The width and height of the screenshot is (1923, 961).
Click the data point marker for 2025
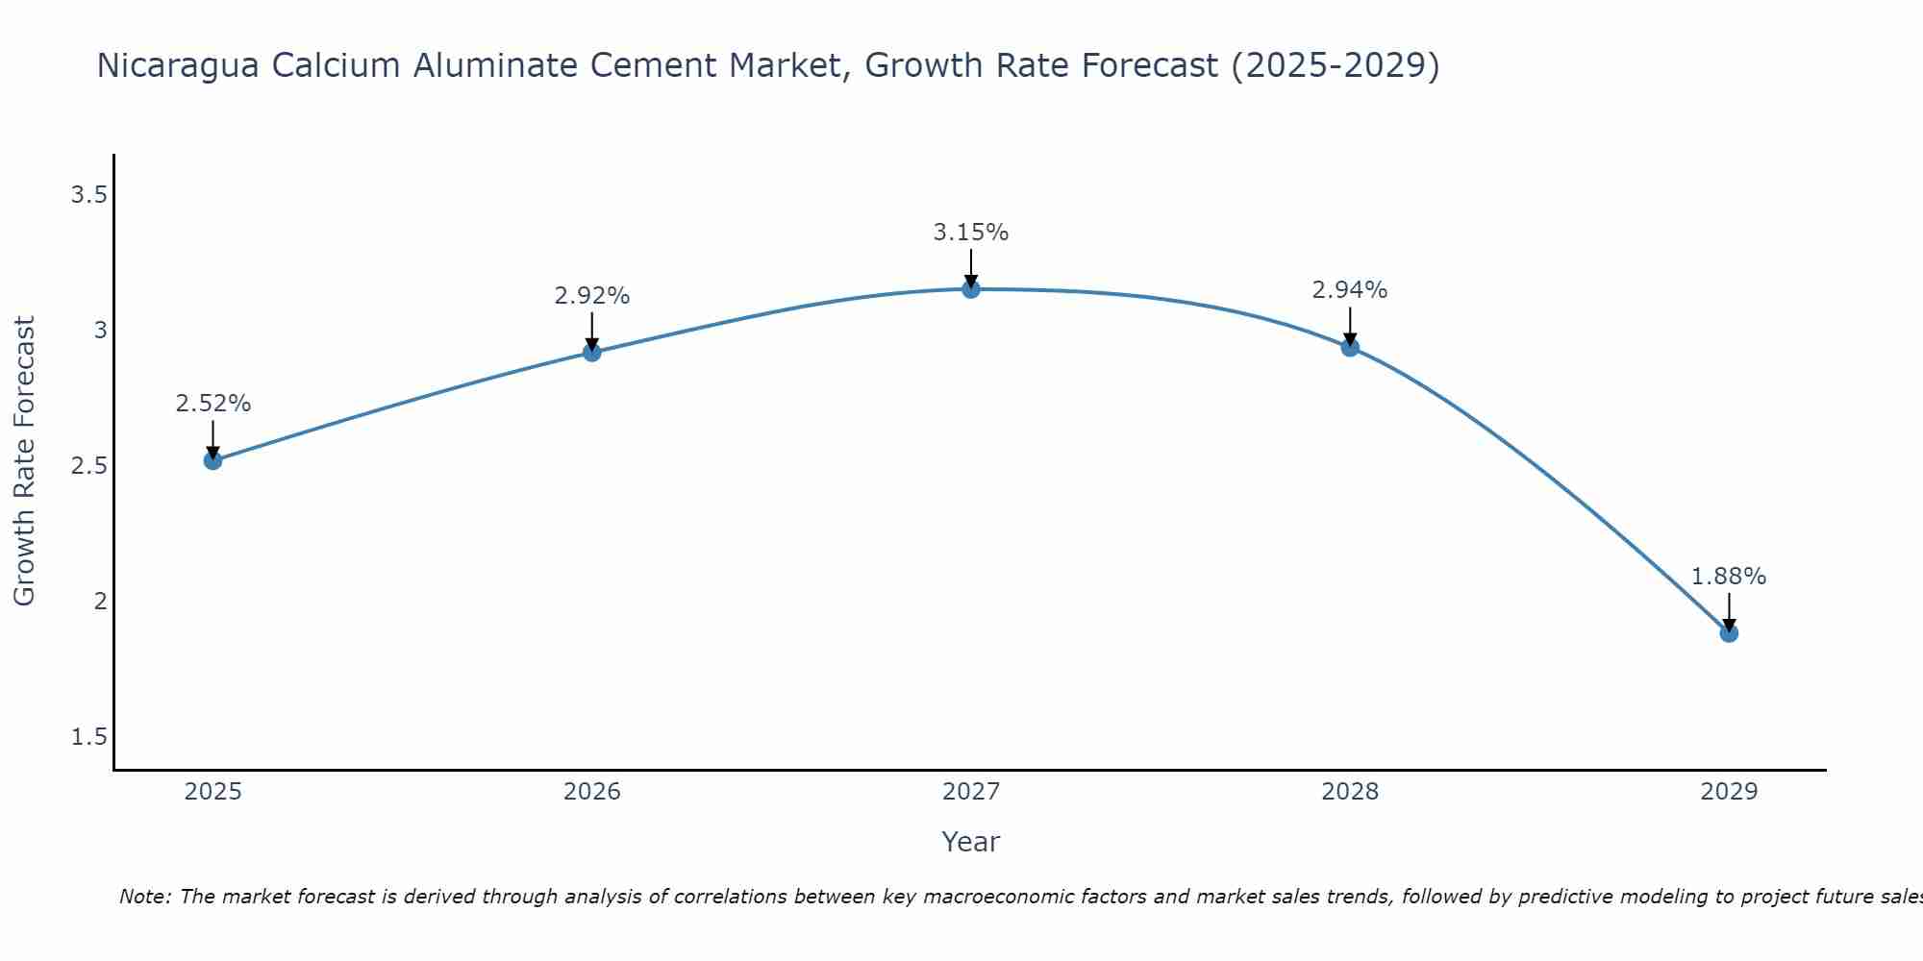coord(213,460)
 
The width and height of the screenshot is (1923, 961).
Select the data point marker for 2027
coord(971,289)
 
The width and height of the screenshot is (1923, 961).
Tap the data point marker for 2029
coord(1729,633)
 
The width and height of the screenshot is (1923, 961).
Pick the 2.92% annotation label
coord(592,296)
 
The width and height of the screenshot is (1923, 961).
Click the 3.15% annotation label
coord(971,233)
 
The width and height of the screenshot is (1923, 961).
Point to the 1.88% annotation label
coord(1729,577)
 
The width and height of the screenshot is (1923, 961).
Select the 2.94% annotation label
coord(1350,290)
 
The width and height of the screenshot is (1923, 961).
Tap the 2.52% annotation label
coord(213,404)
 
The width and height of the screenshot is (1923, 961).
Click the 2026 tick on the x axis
coord(592,792)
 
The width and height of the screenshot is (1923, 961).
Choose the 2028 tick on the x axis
coord(1350,792)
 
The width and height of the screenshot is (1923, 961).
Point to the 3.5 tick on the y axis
coord(88,196)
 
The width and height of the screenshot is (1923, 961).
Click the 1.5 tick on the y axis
coord(88,737)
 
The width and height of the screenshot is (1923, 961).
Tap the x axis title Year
coord(971,842)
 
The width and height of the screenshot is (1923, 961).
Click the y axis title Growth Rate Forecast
coord(25,461)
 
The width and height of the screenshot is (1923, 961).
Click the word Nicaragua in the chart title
coord(179,66)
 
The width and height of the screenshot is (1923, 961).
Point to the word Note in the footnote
coord(144,897)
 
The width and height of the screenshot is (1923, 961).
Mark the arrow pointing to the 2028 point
coord(1350,327)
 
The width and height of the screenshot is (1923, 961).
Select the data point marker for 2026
coord(592,353)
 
